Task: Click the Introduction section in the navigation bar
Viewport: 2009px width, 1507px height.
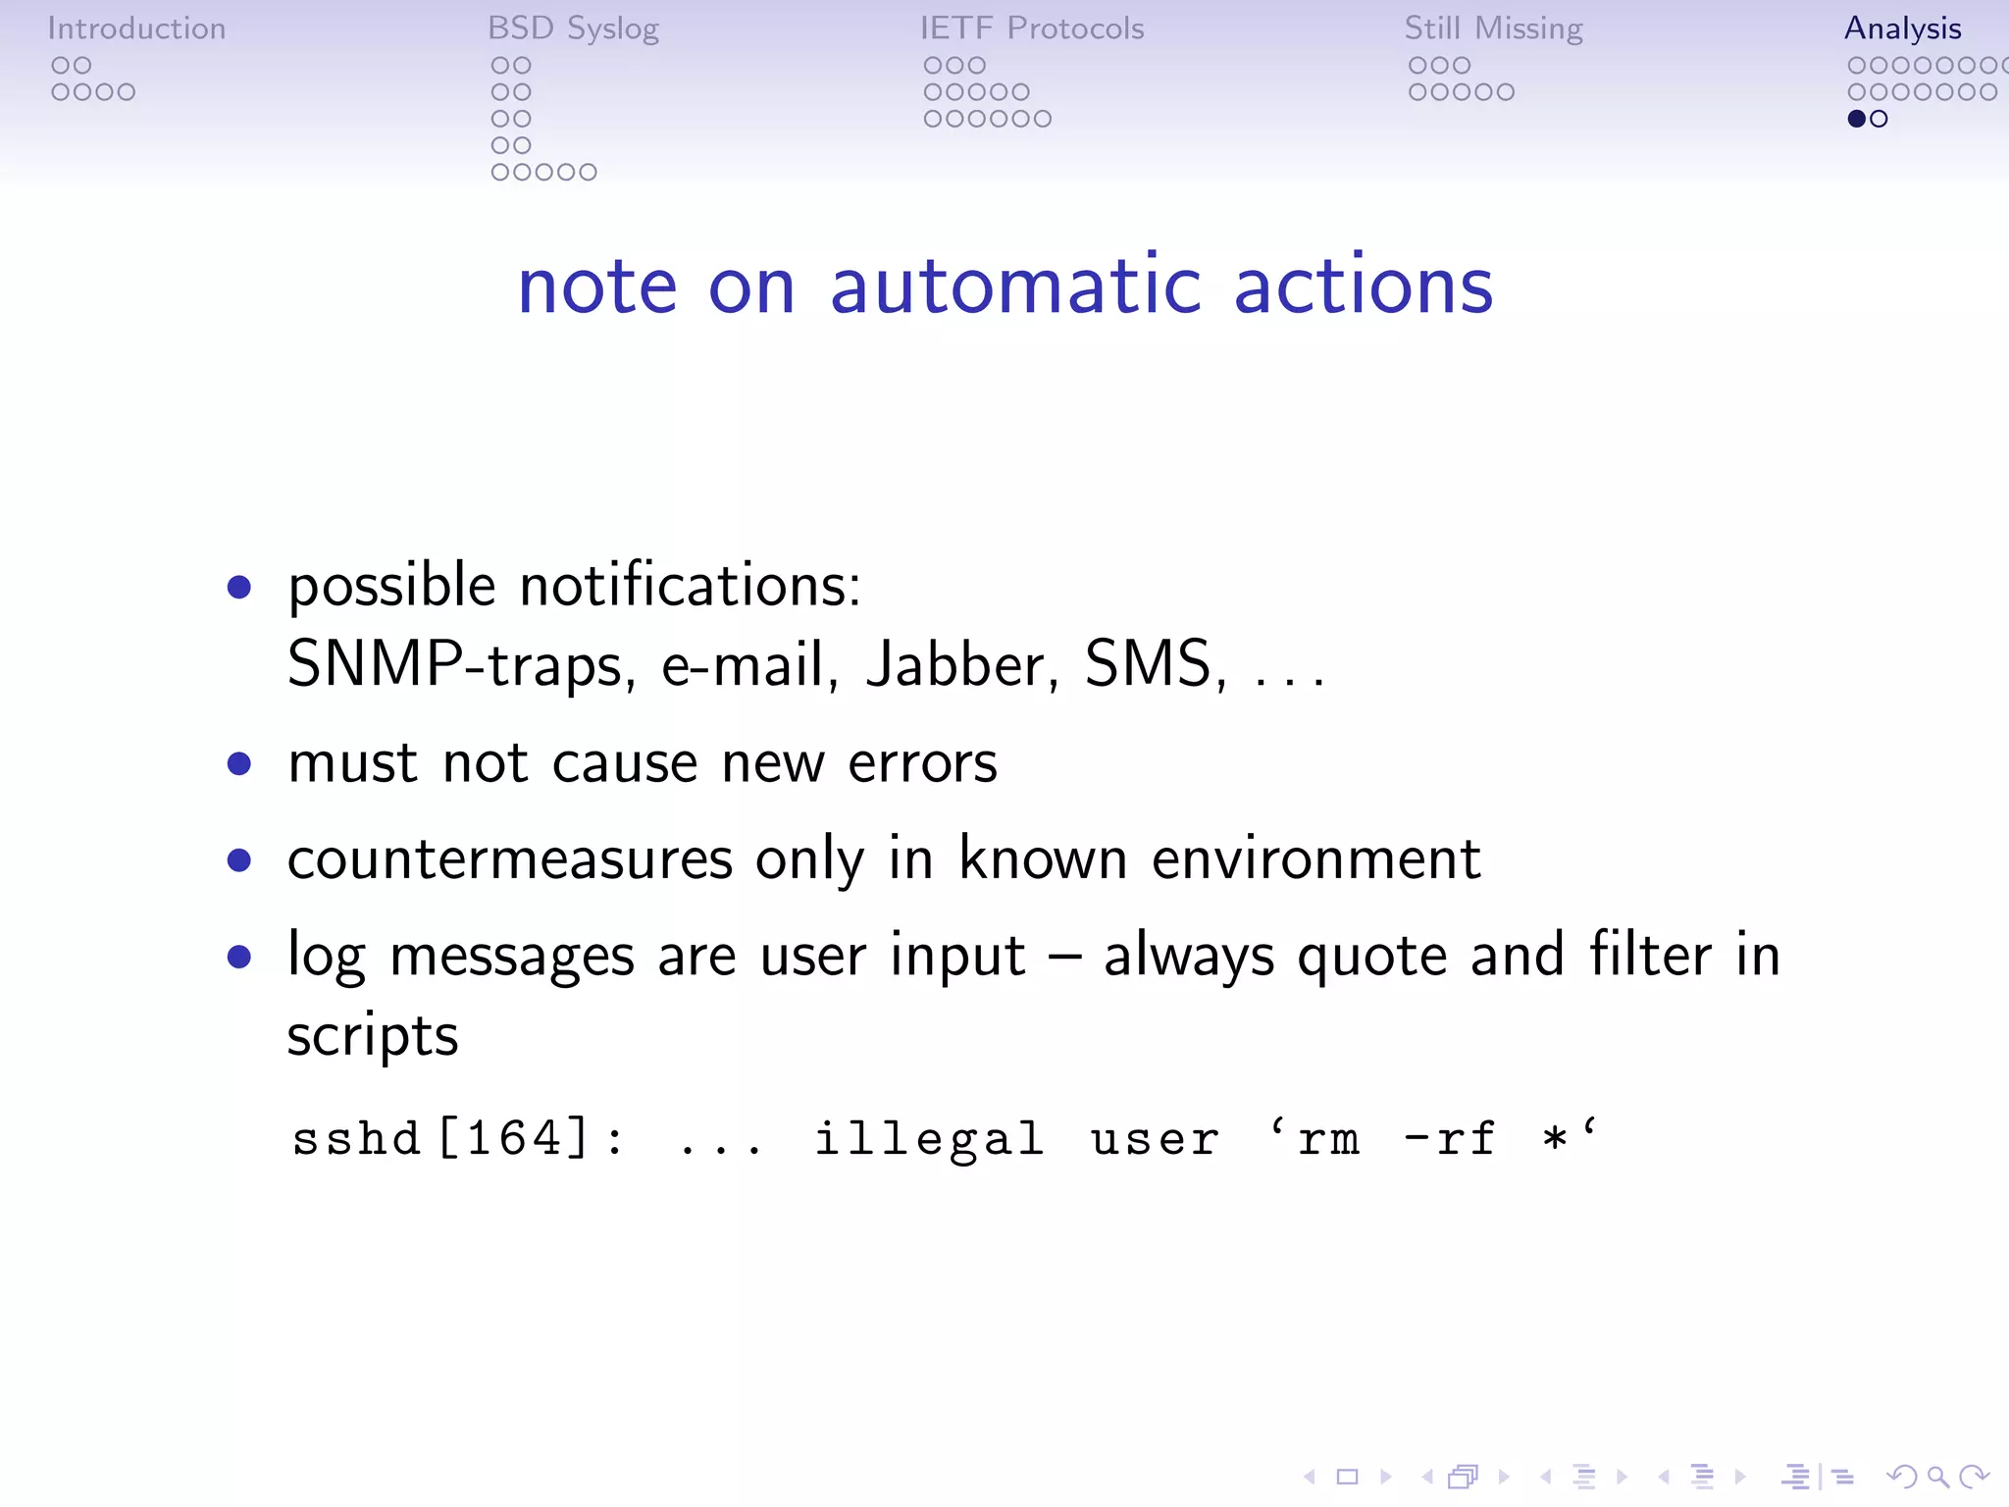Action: (x=136, y=28)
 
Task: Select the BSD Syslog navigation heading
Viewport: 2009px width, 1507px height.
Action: (x=573, y=28)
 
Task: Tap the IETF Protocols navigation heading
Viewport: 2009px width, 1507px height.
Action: (x=1032, y=28)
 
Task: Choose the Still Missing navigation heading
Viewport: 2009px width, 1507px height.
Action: (x=1493, y=28)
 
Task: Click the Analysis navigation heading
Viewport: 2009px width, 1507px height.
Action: (x=1902, y=28)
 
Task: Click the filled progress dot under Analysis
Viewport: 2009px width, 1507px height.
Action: (x=1856, y=119)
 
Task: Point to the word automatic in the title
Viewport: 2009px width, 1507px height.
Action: (x=1015, y=286)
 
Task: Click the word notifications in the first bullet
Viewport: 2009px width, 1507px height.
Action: (x=690, y=586)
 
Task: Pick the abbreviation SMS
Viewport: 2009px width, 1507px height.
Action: (x=1154, y=664)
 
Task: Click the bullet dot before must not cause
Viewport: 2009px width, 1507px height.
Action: (x=238, y=763)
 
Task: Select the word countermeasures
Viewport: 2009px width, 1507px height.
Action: (x=510, y=859)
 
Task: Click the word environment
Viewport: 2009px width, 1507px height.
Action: (x=1315, y=859)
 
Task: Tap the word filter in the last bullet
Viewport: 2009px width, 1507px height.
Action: (x=1650, y=955)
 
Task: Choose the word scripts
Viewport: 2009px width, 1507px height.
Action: (x=373, y=1036)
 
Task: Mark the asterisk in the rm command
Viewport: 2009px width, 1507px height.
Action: (x=1554, y=1139)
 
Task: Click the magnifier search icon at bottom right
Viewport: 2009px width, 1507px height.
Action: (x=1937, y=1477)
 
